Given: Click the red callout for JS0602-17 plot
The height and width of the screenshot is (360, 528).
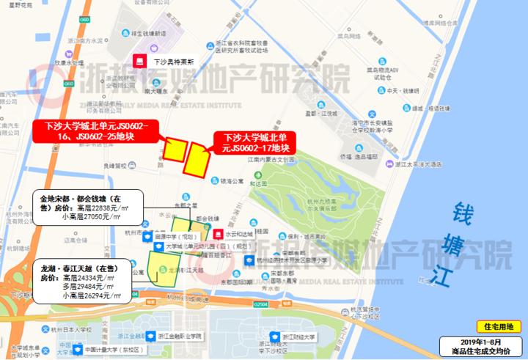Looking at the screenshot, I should click(252, 142).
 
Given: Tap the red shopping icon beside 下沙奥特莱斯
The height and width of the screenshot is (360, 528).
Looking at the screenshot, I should click(138, 62).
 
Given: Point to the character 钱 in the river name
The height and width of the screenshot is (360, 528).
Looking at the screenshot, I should click(466, 212).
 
